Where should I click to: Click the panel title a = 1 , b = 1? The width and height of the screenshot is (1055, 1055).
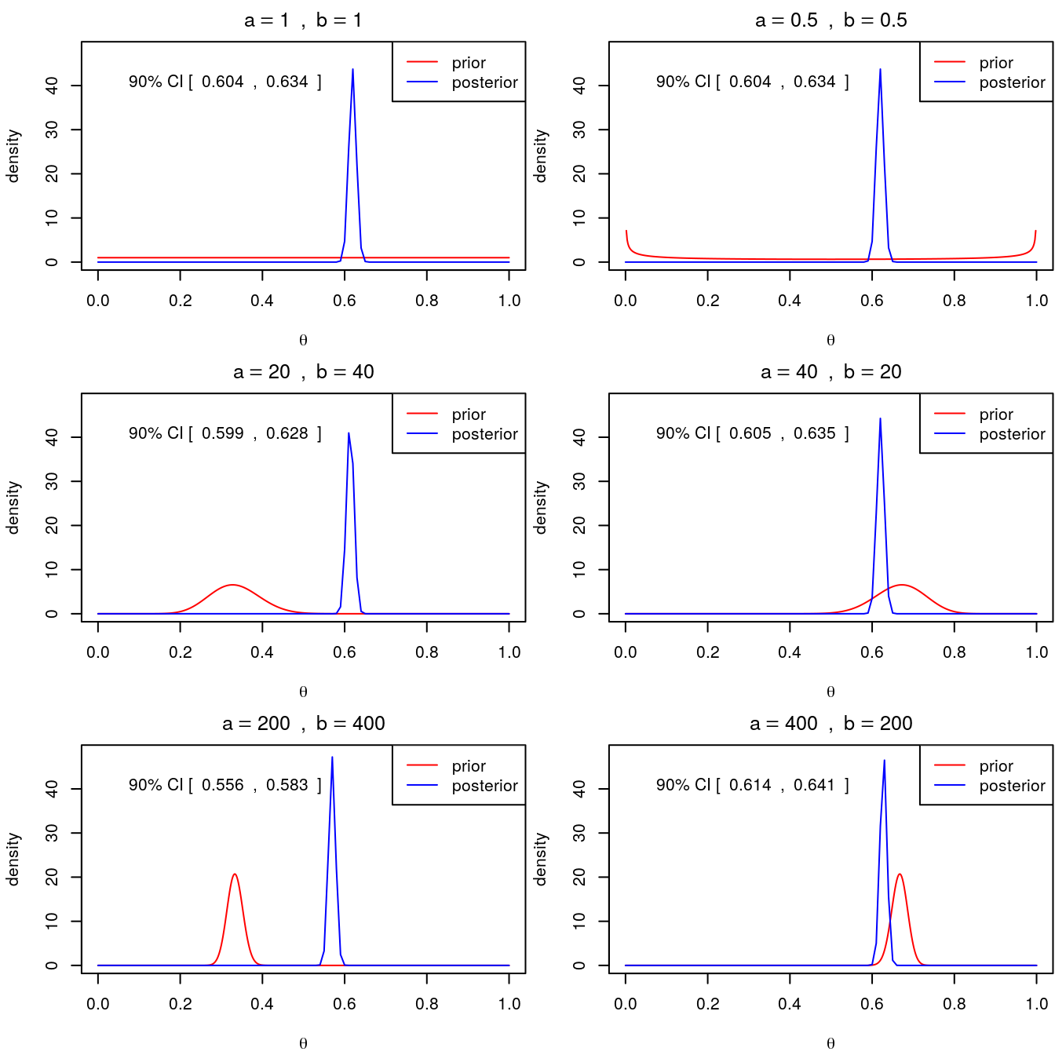(303, 20)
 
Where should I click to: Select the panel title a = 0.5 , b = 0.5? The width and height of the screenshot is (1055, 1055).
(830, 20)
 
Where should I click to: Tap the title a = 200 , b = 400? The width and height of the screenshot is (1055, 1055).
(303, 724)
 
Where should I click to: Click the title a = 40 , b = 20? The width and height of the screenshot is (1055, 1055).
(830, 372)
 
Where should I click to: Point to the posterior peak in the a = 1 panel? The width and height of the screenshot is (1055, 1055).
(352, 70)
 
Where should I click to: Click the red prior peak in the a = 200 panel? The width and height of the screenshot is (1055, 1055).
(234, 874)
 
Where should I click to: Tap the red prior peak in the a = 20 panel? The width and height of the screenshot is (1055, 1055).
(232, 585)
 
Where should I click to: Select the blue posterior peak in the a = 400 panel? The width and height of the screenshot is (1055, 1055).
(884, 760)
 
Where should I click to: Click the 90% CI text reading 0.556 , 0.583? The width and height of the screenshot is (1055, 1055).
(225, 785)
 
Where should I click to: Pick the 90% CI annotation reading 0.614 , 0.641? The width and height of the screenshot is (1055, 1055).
(752, 785)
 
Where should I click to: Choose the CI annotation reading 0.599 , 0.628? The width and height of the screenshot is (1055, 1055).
(225, 433)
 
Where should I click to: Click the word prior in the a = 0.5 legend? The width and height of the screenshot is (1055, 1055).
(996, 63)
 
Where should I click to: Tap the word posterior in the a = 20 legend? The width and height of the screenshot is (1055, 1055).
(484, 434)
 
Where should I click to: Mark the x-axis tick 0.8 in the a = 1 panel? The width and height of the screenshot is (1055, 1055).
(427, 301)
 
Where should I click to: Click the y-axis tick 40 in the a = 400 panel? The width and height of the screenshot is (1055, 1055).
(580, 789)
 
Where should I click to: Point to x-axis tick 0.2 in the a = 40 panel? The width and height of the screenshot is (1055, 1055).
(707, 652)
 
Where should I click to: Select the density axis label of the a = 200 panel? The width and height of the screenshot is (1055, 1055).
(13, 860)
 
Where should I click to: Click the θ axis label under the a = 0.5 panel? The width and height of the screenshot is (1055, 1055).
(830, 340)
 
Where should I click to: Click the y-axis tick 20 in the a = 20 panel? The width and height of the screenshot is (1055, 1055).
(53, 525)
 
